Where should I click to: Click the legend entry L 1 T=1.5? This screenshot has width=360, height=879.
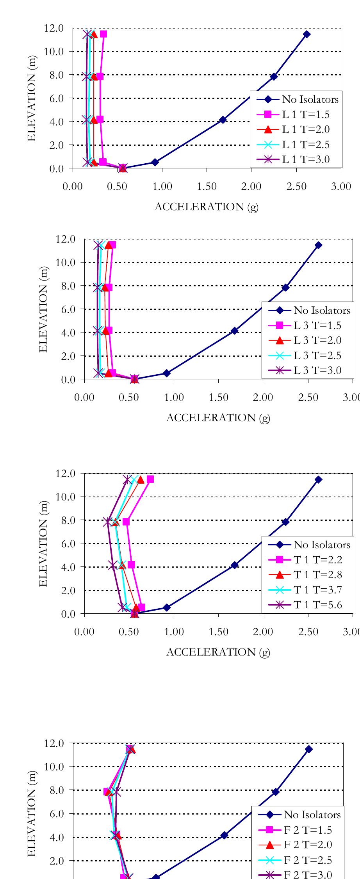(x=306, y=114)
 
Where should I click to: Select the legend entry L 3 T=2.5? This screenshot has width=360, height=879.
(x=317, y=356)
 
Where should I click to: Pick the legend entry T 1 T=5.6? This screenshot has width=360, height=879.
(x=317, y=605)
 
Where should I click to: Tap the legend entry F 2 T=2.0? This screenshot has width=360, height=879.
(x=307, y=845)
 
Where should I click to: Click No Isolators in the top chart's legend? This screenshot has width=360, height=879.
(x=310, y=99)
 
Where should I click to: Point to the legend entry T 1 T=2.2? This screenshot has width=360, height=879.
(x=317, y=560)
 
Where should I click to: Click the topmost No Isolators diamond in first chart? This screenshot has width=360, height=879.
(x=307, y=34)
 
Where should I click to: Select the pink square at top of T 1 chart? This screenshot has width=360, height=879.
(x=150, y=479)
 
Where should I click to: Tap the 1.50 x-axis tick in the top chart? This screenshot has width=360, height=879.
(x=207, y=187)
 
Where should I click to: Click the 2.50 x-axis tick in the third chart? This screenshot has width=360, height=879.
(x=308, y=632)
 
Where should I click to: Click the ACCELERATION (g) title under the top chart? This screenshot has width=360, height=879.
(x=207, y=207)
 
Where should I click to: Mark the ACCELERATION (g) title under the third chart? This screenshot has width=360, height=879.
(x=218, y=652)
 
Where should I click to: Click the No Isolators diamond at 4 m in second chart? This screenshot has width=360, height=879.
(x=234, y=331)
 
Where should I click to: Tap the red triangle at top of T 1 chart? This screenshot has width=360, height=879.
(x=141, y=479)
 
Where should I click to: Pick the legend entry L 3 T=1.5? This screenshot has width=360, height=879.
(x=317, y=325)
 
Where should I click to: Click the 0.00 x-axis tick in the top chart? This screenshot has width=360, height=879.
(x=73, y=187)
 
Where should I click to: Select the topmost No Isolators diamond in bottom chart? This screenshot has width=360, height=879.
(x=309, y=749)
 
